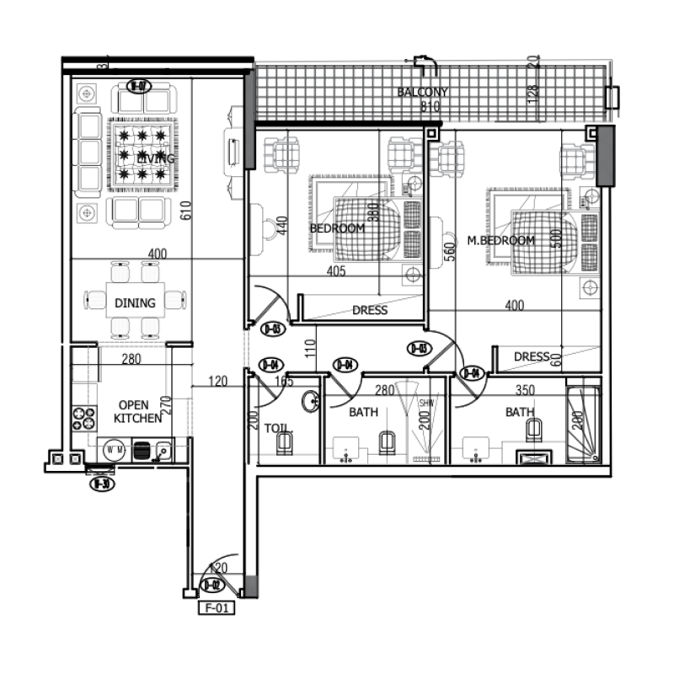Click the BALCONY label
point(422,92)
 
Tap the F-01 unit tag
point(215,606)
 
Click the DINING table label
point(136,302)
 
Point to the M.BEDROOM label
point(501,240)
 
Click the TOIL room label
point(276,427)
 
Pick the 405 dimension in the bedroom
point(338,271)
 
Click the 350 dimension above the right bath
point(503,390)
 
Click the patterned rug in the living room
point(142,154)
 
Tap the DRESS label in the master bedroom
point(532,356)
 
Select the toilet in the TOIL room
point(286,442)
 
